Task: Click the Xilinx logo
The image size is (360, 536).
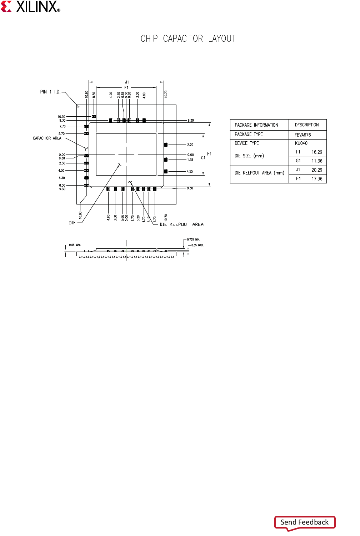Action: pos(31,6)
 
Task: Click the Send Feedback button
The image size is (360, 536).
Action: pos(305,522)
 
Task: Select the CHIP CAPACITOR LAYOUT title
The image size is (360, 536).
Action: pos(188,39)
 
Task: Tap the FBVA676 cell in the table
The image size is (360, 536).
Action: pos(302,135)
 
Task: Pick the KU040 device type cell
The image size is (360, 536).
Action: pos(301,143)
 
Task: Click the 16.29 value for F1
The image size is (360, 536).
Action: pos(316,152)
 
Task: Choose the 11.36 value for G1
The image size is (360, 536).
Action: pos(316,161)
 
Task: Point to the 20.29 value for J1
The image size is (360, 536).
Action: pos(316,170)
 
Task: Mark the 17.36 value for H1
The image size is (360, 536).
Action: pos(316,179)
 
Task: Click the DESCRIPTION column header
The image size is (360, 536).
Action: pos(307,125)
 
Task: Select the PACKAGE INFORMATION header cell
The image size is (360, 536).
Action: pos(256,125)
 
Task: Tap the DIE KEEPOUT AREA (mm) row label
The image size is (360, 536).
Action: pos(259,173)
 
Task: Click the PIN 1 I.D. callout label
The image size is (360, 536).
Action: pos(50,92)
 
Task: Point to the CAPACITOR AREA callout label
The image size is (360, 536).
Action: pos(47,138)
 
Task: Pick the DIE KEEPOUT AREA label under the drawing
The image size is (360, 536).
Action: pos(181,224)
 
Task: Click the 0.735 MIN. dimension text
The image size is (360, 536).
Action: pos(194,239)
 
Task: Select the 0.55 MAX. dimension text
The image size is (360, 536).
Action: pos(75,245)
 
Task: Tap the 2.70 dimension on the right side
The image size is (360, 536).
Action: pos(190,145)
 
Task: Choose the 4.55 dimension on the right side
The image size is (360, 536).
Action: pos(190,172)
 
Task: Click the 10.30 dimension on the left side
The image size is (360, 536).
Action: pos(61,117)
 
